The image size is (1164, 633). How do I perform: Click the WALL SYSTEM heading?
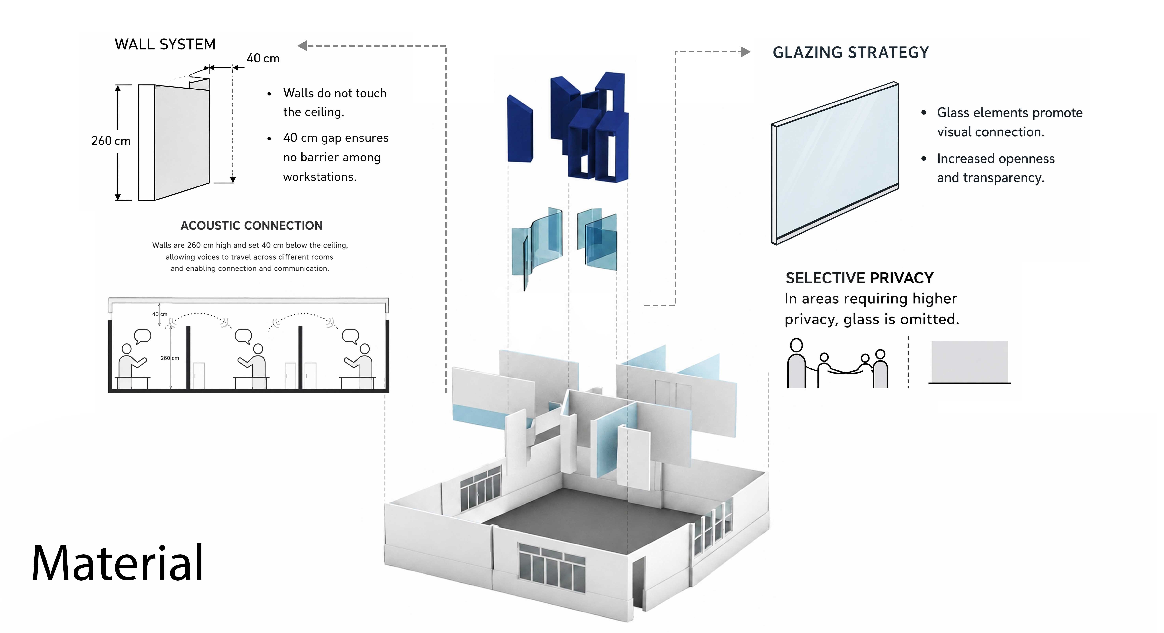(x=165, y=44)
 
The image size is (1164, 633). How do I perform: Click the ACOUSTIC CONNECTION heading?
(x=252, y=226)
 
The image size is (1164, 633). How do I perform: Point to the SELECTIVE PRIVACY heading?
(x=859, y=278)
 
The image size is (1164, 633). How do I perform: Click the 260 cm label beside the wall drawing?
(x=111, y=141)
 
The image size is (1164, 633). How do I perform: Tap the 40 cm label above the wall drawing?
(x=263, y=58)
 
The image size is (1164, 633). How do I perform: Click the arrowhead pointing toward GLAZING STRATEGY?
(x=746, y=52)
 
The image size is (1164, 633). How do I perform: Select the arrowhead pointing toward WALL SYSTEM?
(x=303, y=46)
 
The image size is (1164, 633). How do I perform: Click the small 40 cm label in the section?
(x=159, y=314)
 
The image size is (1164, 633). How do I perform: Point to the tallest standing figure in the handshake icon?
(x=796, y=364)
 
